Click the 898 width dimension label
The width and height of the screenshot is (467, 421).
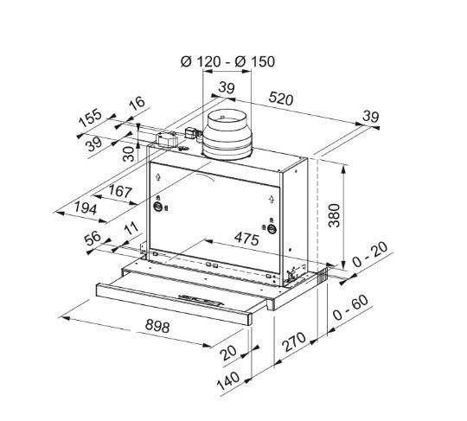157,327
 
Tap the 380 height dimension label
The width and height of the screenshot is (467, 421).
334,215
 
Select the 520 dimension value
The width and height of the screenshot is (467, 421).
281,99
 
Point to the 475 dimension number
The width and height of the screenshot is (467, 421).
246,239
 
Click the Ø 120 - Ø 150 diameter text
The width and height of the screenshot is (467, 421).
227,61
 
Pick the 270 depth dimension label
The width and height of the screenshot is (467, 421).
294,341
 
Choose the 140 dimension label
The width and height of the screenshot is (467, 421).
228,381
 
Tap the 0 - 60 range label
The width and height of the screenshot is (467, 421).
350,308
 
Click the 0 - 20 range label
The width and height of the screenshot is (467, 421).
370,254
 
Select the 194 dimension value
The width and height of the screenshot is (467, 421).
86,207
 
